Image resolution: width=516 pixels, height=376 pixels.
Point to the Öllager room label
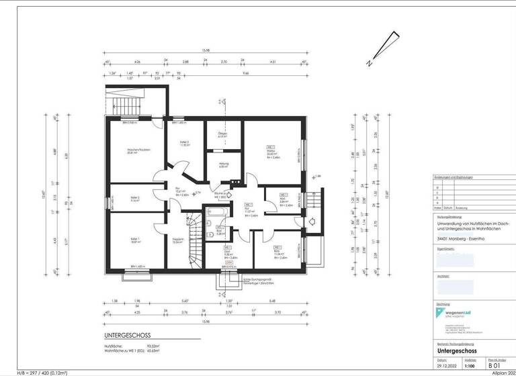point(223,135)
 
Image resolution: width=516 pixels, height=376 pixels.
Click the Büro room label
point(276,254)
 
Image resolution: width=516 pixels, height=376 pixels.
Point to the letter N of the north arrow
point(369,64)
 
